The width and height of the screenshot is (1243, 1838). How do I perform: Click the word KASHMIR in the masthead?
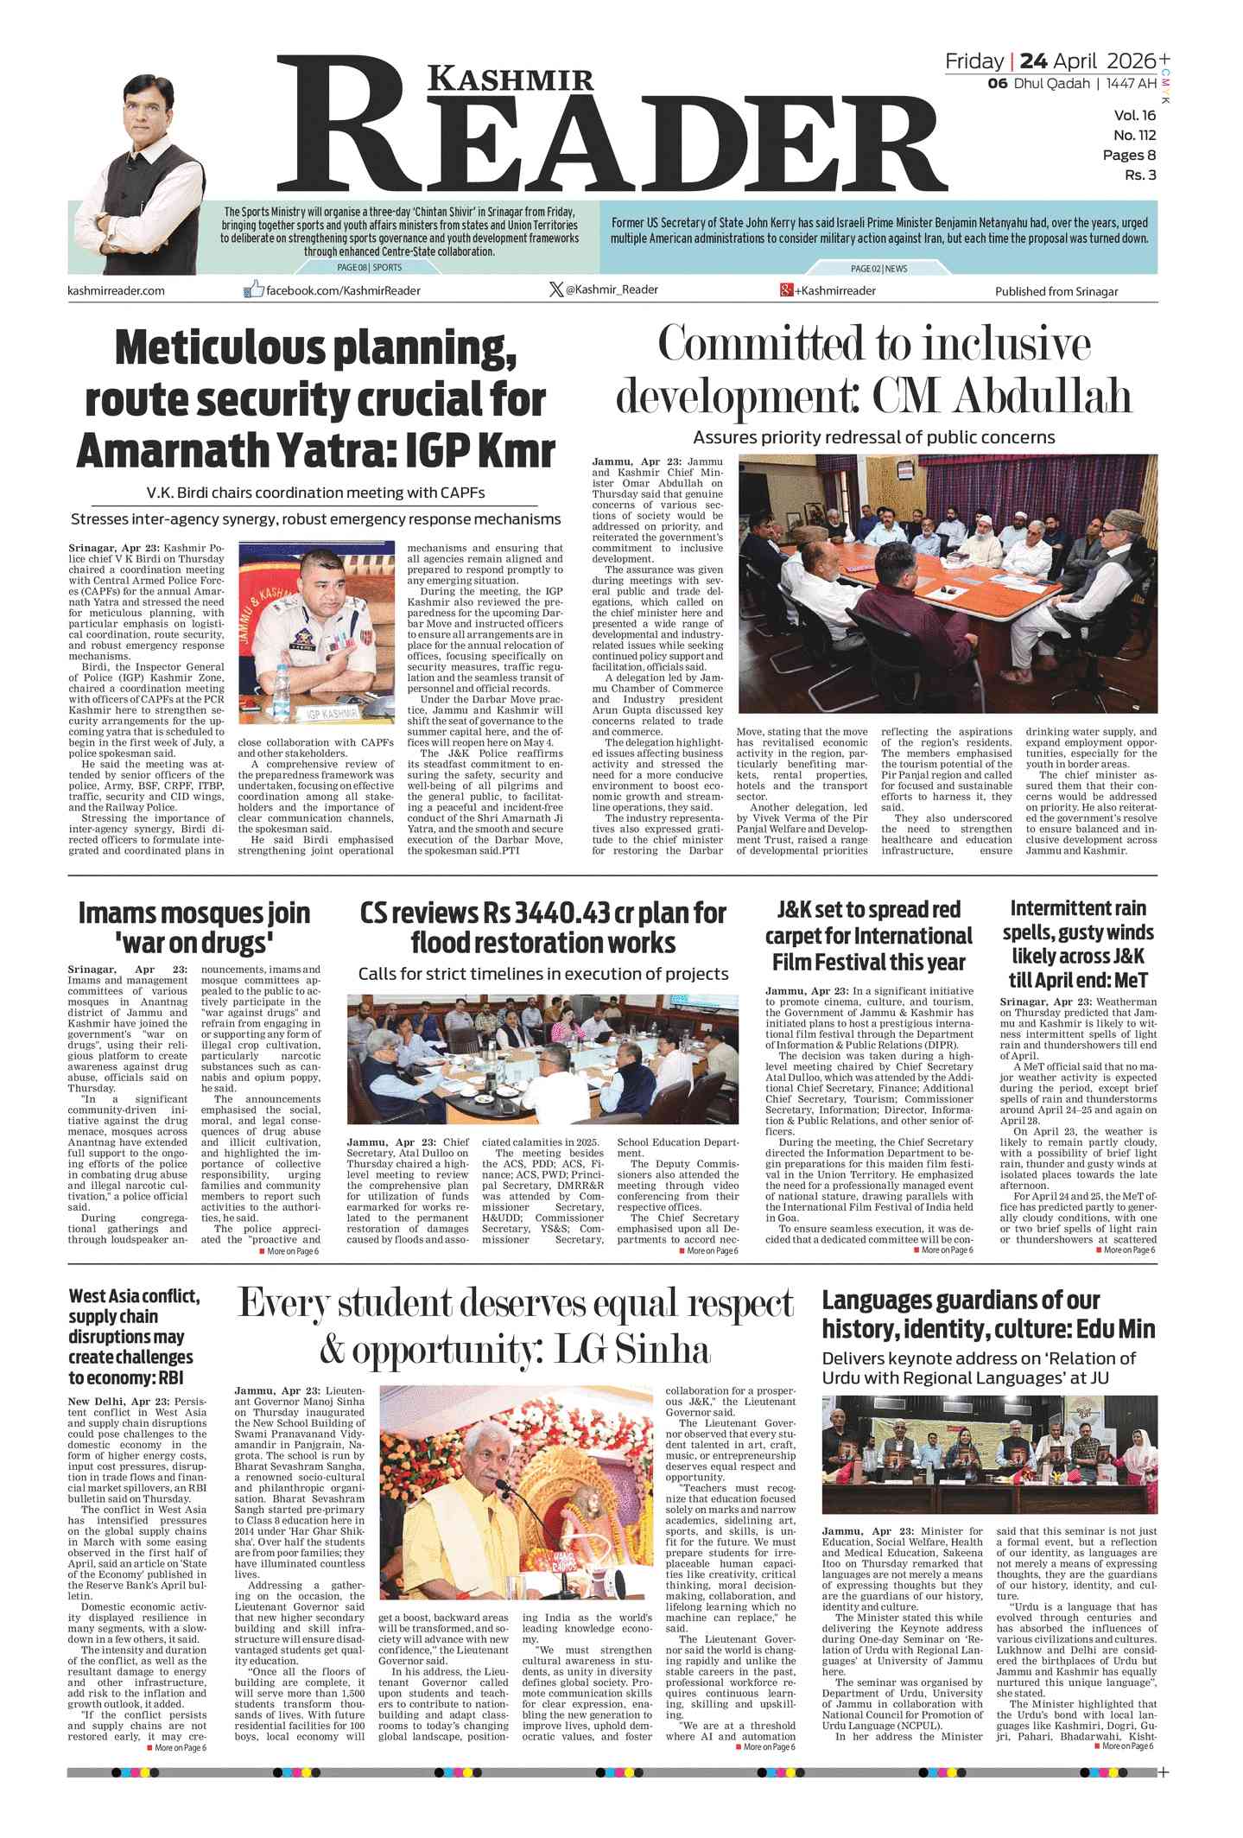pos(511,79)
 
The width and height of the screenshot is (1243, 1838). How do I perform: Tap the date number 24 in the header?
pos(1034,60)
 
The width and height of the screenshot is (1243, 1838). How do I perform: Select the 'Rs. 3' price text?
pos(1139,175)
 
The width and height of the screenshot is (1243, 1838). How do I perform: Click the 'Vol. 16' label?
pos(1134,115)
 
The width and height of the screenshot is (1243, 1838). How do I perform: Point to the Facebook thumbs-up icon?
pos(253,289)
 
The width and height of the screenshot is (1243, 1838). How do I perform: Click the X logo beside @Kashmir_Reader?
pos(555,289)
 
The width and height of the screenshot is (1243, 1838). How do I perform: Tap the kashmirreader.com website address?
pos(116,290)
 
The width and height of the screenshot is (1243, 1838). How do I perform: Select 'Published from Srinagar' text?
pos(1056,291)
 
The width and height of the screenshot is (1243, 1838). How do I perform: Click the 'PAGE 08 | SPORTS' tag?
pos(369,268)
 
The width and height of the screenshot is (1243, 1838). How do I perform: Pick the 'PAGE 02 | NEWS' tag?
pos(878,269)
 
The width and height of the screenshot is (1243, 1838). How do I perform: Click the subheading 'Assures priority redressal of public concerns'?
pos(873,437)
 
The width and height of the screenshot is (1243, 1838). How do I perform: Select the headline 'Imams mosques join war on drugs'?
pos(193,926)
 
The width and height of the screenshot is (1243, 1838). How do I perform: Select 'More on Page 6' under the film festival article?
pos(946,1250)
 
